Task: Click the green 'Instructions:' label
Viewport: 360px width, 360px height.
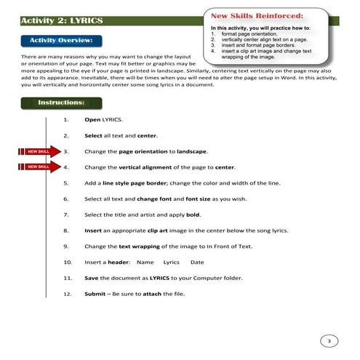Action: [60, 103]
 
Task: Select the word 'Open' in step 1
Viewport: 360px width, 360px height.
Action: [92, 119]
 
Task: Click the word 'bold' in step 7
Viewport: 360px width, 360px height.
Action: [193, 215]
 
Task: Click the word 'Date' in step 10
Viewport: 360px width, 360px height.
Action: [197, 262]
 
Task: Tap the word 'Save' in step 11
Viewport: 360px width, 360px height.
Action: [92, 278]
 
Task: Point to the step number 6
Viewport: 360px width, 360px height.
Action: [66, 199]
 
